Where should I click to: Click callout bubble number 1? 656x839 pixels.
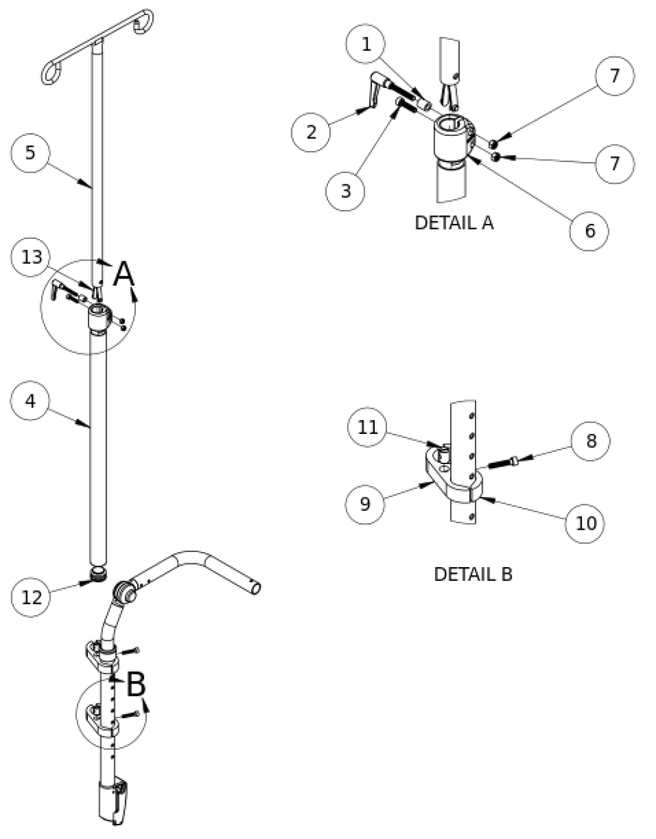tap(367, 45)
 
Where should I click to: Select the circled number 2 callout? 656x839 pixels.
tap(312, 131)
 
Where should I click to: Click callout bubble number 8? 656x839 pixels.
tap(590, 441)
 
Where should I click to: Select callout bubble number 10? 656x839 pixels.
tap(585, 523)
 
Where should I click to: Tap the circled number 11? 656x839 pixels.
tap(368, 427)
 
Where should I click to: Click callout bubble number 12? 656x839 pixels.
tap(31, 597)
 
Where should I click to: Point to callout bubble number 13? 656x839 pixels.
tap(31, 257)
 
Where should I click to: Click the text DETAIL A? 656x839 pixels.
tap(454, 223)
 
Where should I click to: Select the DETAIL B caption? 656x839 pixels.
tap(473, 574)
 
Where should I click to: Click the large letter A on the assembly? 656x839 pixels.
tap(124, 274)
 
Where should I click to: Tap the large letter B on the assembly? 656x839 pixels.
tap(135, 685)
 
